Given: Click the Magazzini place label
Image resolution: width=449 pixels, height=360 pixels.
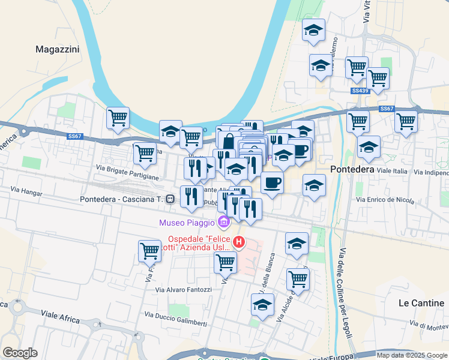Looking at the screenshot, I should [x=58, y=49].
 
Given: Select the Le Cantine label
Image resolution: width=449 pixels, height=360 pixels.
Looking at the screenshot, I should [x=421, y=303].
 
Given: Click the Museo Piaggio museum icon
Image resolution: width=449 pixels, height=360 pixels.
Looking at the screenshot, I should [x=224, y=223].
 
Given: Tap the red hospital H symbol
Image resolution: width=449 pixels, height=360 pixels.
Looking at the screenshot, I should [x=239, y=242].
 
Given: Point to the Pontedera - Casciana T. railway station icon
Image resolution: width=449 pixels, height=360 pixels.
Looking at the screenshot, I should [x=171, y=199].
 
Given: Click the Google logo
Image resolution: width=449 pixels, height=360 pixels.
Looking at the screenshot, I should [x=19, y=353].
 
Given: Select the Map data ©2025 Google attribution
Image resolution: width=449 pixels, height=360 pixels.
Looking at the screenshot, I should [x=411, y=355].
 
